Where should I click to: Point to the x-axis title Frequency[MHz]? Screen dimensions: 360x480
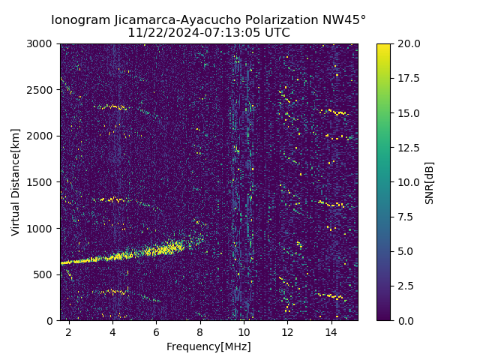tap(208, 346)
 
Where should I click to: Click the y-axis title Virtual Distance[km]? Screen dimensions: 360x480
tap(16, 182)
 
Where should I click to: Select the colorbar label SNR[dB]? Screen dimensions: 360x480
tap(430, 182)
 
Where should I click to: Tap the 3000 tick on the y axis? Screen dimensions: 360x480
tap(42, 43)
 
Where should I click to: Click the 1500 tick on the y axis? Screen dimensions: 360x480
tap(42, 182)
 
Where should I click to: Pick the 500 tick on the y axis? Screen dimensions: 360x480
tap(45, 274)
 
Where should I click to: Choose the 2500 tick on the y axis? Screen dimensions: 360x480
tap(42, 90)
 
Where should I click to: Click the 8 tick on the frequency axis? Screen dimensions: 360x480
tap(200, 331)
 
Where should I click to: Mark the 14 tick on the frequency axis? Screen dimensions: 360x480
tap(331, 331)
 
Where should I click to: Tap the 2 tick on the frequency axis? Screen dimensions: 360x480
tap(69, 331)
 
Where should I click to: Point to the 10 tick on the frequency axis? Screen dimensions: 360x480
tap(244, 331)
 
